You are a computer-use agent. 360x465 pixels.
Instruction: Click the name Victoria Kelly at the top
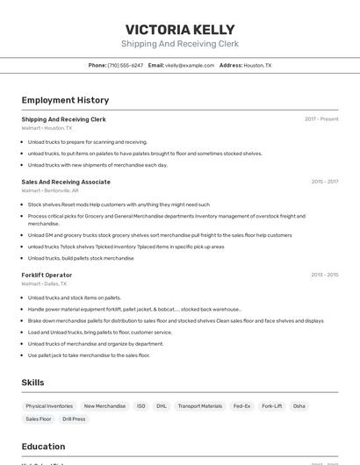[179, 29]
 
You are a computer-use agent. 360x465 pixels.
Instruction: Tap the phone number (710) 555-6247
[125, 65]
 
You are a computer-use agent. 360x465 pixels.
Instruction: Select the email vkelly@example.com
[190, 65]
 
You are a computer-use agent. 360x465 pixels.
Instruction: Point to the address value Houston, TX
[257, 65]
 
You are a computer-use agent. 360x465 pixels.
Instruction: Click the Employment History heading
[65, 100]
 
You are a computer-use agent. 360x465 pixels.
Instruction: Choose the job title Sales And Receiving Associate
[66, 182]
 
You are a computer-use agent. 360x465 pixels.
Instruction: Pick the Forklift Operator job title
[47, 275]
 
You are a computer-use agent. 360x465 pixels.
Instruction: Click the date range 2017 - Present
[321, 119]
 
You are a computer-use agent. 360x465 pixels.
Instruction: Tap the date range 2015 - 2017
[324, 182]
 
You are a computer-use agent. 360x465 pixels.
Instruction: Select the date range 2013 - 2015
[324, 275]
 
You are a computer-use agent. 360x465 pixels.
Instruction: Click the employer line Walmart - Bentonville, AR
[50, 190]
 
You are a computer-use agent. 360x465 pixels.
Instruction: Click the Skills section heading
[32, 383]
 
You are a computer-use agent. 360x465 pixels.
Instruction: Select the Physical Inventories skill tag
[49, 406]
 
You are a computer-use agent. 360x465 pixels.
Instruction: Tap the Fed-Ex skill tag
[241, 406]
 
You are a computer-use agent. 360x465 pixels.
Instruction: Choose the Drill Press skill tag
[74, 419]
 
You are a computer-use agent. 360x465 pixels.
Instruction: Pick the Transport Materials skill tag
[200, 406]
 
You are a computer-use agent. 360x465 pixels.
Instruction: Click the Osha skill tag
[299, 406]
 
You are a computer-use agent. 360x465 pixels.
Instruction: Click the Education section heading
[43, 447]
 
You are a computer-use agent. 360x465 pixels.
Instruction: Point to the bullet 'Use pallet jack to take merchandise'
[89, 355]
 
